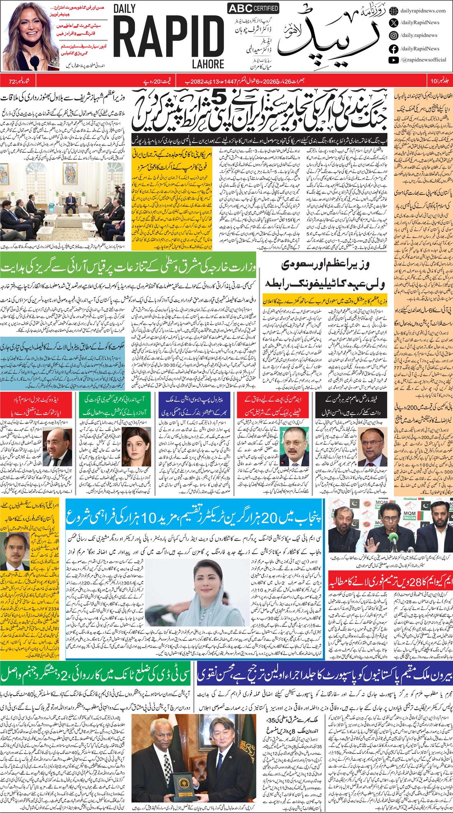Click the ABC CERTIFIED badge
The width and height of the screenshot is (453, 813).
point(253,8)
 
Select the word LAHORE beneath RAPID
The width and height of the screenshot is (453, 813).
point(208,64)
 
